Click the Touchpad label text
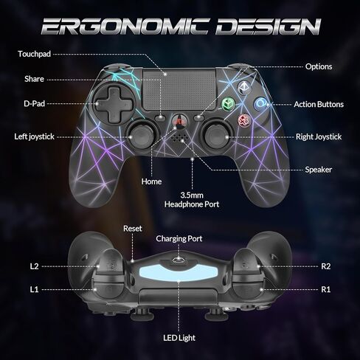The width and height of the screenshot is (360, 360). coord(35,54)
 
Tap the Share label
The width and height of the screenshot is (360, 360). coord(34,79)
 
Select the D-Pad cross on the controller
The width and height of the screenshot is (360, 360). coord(113,105)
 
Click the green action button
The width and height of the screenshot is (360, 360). coord(227,104)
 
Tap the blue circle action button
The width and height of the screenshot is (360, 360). coord(260,103)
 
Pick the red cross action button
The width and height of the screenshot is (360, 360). coord(244,120)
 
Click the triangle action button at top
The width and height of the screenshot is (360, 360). coord(244,87)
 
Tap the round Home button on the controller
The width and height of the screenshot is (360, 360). coord(179,122)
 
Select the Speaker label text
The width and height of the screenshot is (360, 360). coord(319,170)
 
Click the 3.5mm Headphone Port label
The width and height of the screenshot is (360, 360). coord(192,200)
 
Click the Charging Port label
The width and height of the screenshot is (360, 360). coord(179,238)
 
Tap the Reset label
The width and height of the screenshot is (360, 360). coord(133,229)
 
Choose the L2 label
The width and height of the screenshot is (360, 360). coord(35,266)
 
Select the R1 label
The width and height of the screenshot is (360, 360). coord(326,289)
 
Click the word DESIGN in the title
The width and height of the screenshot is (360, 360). coord(269,26)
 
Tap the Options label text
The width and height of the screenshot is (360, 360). coord(319,66)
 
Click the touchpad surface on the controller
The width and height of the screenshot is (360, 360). coord(179,89)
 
